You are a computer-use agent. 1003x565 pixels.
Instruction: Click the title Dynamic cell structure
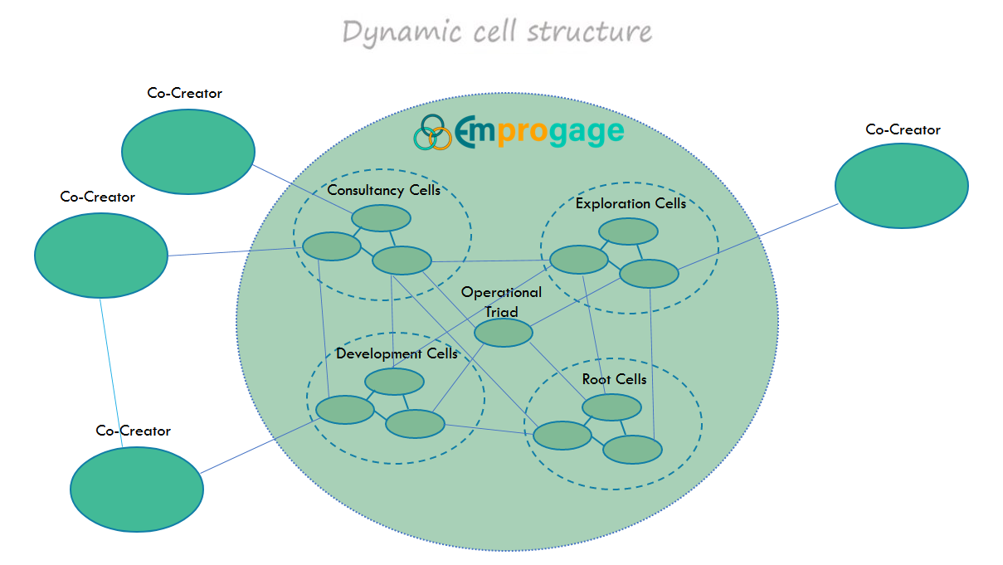pos(497,32)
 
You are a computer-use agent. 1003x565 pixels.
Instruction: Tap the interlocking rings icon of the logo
pos(433,133)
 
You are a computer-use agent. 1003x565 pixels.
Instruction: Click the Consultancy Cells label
pos(383,190)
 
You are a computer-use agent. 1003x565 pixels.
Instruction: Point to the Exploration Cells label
pos(631,203)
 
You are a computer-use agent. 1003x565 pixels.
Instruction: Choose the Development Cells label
pos(397,354)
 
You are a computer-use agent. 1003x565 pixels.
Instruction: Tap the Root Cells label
pos(614,380)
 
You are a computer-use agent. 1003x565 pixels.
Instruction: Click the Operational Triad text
pos(501,302)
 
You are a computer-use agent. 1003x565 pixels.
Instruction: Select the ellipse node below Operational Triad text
pos(503,333)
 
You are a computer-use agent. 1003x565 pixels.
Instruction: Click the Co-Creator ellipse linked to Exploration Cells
pos(901,185)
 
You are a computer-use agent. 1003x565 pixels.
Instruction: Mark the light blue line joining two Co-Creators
pos(112,373)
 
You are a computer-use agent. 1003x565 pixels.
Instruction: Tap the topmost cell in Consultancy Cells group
pos(381,218)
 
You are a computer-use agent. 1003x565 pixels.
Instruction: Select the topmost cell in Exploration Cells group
pos(628,231)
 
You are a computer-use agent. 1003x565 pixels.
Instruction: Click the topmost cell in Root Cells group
pos(611,407)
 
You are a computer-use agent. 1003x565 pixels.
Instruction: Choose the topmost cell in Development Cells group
pos(394,382)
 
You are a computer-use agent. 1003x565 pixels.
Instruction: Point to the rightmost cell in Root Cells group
pos(632,449)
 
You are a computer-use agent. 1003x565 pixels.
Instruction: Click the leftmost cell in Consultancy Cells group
pos(331,246)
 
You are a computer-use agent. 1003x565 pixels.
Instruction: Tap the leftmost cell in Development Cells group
pos(344,410)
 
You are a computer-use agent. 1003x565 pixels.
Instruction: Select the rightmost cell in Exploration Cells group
pos(649,274)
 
